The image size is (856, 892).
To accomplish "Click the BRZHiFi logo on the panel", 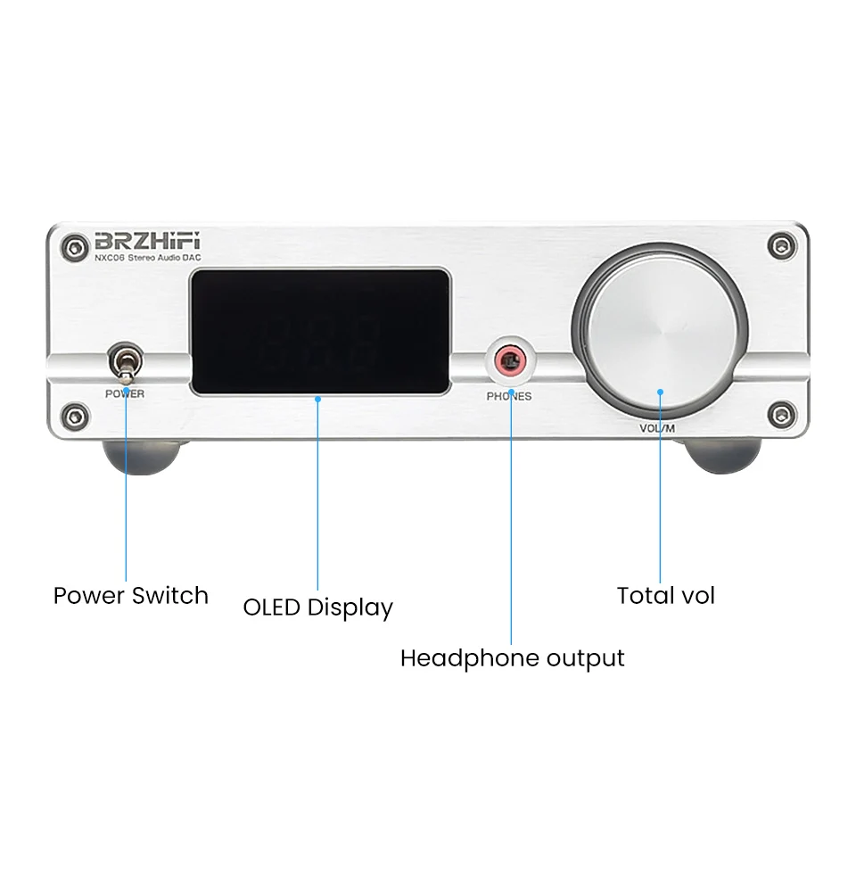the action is click(148, 241).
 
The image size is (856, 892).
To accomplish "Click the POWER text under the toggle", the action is click(125, 393).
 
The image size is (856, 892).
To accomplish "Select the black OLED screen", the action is click(318, 332).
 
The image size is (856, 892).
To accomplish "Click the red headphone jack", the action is click(510, 361).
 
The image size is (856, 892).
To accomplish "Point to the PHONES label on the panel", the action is click(509, 396).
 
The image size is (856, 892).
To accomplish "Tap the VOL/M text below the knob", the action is click(658, 428).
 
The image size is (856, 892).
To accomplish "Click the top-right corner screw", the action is click(782, 244).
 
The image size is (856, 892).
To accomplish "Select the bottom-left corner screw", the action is click(76, 414).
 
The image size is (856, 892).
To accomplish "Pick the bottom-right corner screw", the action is click(782, 413).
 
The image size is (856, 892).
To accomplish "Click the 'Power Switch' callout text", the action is click(131, 596).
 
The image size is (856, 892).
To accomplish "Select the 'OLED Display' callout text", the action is click(318, 608).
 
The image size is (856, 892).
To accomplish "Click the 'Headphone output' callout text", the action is click(512, 659).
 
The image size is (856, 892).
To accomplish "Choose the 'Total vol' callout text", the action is click(666, 596).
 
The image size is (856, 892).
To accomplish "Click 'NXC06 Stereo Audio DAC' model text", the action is click(149, 258).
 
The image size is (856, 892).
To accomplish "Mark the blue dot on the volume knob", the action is click(660, 391).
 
